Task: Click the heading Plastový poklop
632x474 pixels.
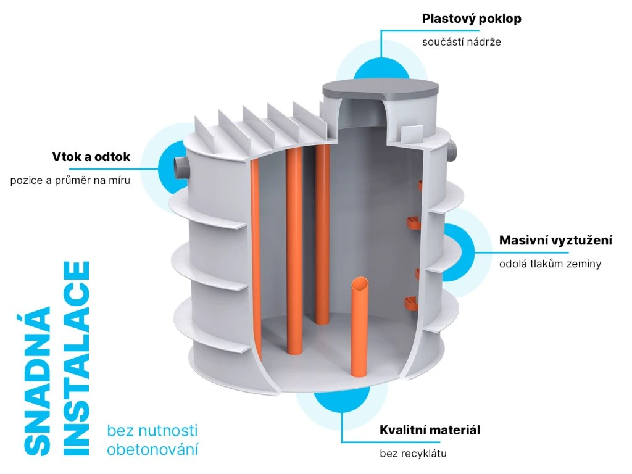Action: (x=472, y=19)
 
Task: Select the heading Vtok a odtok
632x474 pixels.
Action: (x=91, y=157)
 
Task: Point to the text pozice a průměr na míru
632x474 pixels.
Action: (x=70, y=181)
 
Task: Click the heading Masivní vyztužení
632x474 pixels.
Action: (x=555, y=240)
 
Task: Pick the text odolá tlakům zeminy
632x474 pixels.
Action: (x=550, y=264)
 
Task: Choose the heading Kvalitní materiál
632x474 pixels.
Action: (x=430, y=430)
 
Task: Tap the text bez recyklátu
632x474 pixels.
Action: (x=413, y=454)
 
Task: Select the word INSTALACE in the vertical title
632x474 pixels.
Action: (x=77, y=359)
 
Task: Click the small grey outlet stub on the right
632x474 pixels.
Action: (x=456, y=150)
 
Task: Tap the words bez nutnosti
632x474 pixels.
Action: (x=152, y=430)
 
